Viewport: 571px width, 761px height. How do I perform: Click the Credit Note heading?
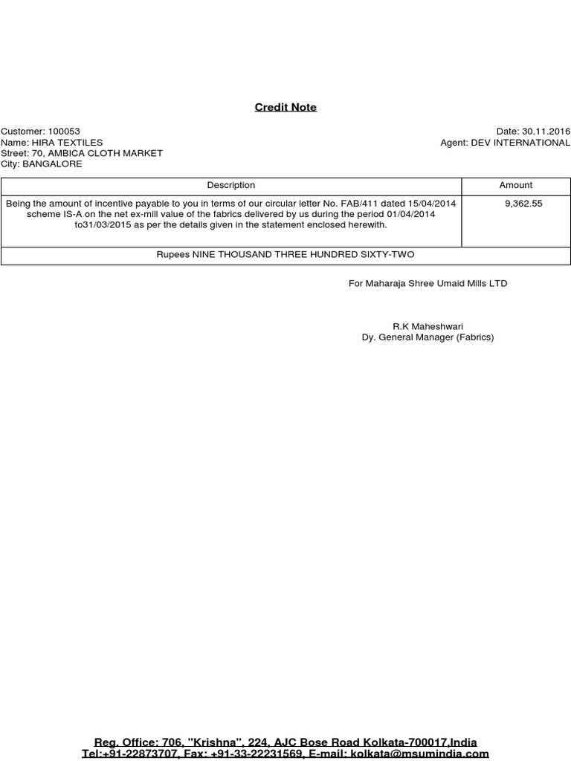(285, 107)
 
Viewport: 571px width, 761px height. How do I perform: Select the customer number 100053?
(64, 132)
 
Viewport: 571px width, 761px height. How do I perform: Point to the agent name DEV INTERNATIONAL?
(520, 143)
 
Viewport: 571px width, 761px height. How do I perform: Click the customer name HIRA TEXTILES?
(66, 143)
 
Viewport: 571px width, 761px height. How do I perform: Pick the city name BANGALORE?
(52, 164)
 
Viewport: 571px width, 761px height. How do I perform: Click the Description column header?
(231, 185)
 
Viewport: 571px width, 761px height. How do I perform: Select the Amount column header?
(516, 185)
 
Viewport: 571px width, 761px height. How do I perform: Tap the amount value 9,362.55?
(523, 203)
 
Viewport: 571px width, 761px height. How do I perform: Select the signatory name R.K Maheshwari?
(428, 326)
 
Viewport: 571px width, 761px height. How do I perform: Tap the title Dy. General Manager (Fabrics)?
(428, 337)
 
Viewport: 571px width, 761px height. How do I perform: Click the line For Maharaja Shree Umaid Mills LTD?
(428, 283)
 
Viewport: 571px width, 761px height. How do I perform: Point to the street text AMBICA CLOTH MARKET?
(106, 153)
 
